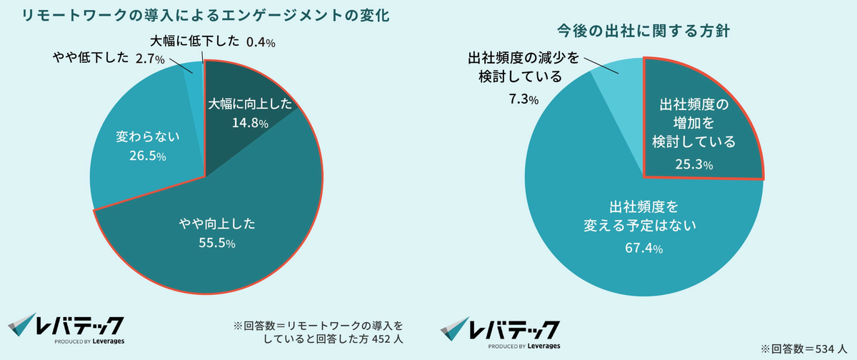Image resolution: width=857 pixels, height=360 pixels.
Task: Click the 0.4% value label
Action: pyautogui.click(x=261, y=43)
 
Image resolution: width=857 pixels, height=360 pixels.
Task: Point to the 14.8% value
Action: pyautogui.click(x=250, y=123)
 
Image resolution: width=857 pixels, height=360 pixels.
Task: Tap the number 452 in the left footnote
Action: pyautogui.click(x=376, y=339)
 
